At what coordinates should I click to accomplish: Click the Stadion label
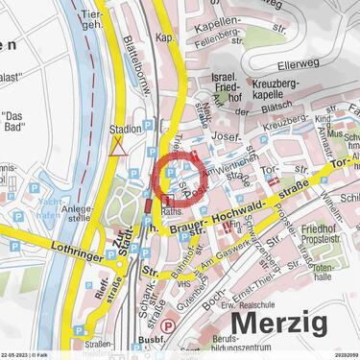[125, 129]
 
